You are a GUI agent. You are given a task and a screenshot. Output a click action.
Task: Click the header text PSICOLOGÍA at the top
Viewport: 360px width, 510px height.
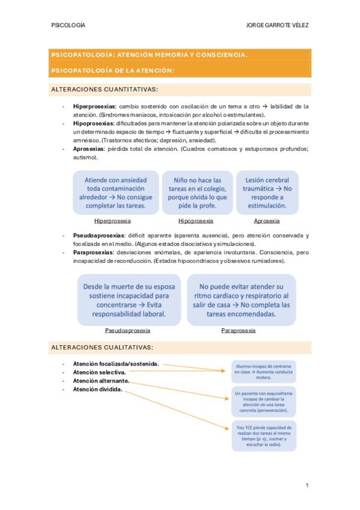pyautogui.click(x=69, y=26)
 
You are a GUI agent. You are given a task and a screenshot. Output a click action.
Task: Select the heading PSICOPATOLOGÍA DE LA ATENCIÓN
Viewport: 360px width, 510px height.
pyautogui.click(x=113, y=71)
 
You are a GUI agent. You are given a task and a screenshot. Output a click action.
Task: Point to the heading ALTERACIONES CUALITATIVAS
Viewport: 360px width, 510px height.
pyautogui.click(x=103, y=348)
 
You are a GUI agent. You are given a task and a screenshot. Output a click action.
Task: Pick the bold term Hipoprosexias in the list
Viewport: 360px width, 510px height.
pyautogui.click(x=93, y=123)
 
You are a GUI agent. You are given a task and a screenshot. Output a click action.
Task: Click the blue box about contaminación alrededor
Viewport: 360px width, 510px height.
pyautogui.click(x=115, y=192)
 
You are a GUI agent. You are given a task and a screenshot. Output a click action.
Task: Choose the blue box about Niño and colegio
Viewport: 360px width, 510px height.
pyautogui.click(x=197, y=192)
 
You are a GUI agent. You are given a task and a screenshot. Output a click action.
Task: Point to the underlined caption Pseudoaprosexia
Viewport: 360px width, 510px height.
pyautogui.click(x=127, y=330)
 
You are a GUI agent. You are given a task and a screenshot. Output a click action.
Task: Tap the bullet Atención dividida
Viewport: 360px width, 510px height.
pyautogui.click(x=98, y=389)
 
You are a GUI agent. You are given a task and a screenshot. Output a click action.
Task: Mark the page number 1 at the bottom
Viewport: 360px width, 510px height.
pyautogui.click(x=307, y=485)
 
